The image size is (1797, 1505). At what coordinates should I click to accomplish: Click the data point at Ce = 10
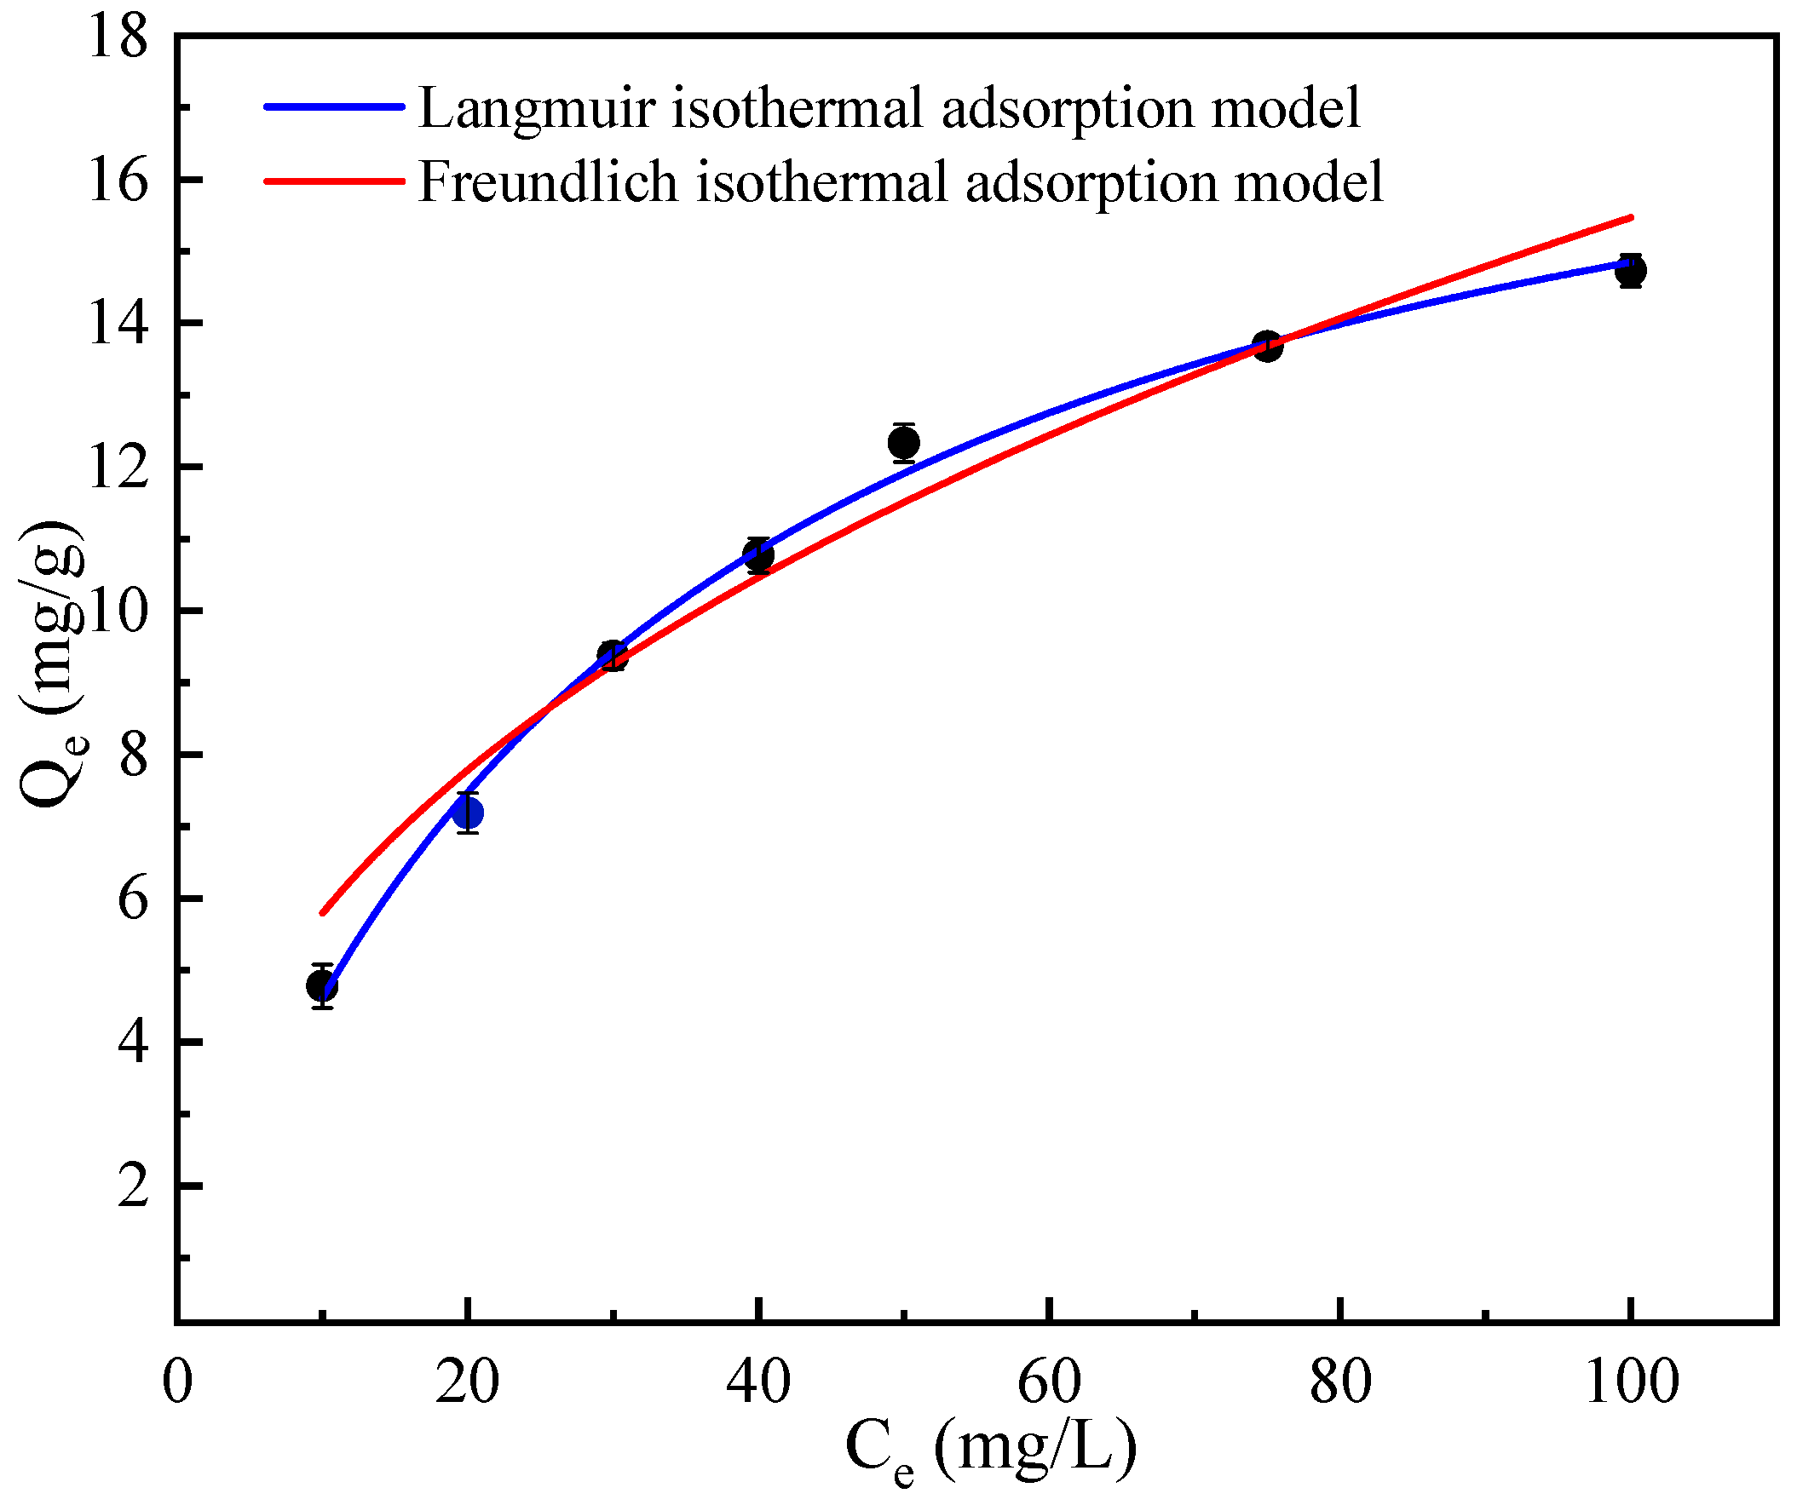tap(322, 986)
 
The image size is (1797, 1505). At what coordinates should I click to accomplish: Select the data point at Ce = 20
tap(467, 812)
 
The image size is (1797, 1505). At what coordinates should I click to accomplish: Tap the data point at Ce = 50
tap(904, 442)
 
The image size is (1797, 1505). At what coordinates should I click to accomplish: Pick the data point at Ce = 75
tap(1267, 346)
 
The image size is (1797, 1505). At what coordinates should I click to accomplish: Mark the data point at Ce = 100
tap(1631, 271)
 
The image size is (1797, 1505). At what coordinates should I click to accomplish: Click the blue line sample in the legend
tap(334, 107)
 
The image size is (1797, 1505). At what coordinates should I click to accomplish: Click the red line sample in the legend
tap(334, 181)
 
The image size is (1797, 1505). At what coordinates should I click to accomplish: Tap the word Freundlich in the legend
tap(548, 182)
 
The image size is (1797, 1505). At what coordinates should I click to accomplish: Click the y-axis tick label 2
tap(133, 1186)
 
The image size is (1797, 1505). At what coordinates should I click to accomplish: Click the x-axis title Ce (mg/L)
tap(991, 1450)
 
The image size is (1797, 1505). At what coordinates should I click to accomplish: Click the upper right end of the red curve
tap(1631, 217)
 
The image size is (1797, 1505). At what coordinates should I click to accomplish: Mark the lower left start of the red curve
tap(323, 913)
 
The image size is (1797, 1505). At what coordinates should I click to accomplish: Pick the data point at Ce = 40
tap(758, 555)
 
